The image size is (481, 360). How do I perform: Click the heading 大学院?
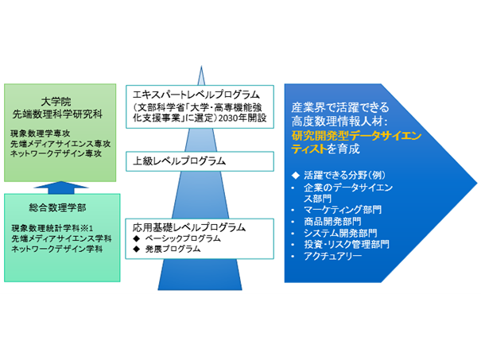pos(60,102)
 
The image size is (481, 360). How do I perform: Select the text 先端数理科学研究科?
pos(60,116)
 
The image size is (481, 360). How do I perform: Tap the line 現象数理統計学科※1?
pos(53,228)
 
